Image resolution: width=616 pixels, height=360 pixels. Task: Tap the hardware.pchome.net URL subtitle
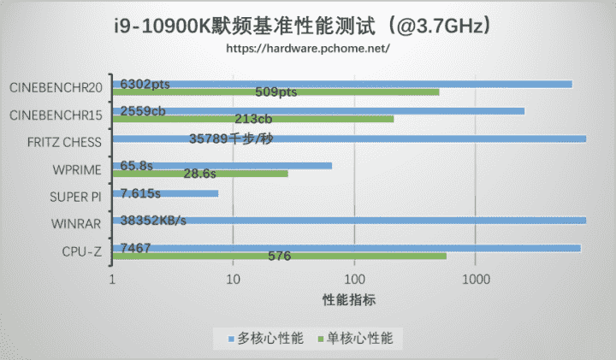308,49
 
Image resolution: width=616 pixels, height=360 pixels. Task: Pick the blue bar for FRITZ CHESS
428,139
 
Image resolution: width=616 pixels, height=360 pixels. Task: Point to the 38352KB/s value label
153,221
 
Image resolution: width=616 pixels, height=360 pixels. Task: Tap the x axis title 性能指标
349,300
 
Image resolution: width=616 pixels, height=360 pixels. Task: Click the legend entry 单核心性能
358,339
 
